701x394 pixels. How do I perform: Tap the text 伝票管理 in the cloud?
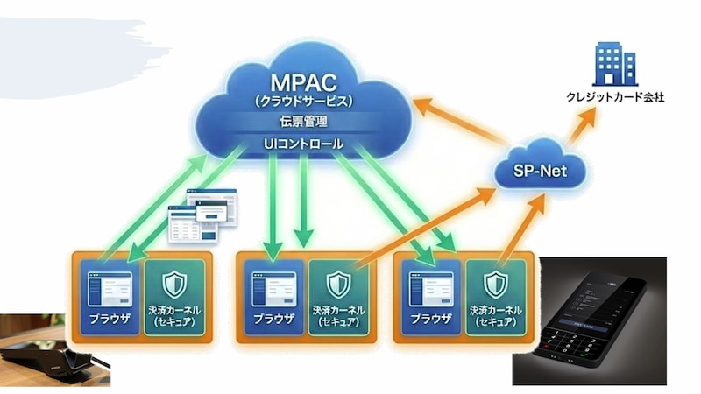(x=302, y=121)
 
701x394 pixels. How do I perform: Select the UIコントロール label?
(x=302, y=143)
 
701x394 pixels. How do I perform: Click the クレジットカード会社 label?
(x=613, y=97)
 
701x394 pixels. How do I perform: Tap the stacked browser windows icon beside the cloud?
(x=202, y=215)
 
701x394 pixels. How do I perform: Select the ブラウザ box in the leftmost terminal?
(x=109, y=298)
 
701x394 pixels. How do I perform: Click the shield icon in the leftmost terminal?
(x=175, y=285)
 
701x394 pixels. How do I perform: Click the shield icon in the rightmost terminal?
(x=496, y=285)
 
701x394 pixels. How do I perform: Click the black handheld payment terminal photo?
(x=589, y=320)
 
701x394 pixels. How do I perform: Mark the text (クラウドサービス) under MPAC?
(x=302, y=101)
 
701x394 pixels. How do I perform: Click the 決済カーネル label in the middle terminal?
(x=339, y=310)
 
